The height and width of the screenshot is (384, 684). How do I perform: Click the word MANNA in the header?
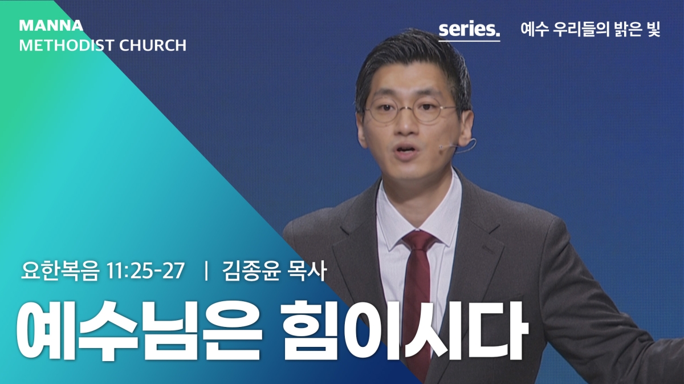click(51, 26)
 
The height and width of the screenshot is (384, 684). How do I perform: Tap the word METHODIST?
click(67, 46)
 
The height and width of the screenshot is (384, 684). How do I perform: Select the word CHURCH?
click(153, 46)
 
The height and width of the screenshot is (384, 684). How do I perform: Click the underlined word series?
click(469, 30)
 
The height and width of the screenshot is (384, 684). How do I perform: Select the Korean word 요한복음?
click(60, 271)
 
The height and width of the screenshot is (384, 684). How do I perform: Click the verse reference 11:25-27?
click(146, 271)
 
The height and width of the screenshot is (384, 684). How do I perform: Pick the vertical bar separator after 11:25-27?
click(207, 271)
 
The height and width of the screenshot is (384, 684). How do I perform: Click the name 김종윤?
click(251, 271)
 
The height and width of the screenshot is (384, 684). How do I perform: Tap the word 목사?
click(307, 271)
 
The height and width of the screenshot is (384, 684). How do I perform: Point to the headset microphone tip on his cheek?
click(442, 148)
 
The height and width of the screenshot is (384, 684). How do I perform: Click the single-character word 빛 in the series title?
click(653, 30)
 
